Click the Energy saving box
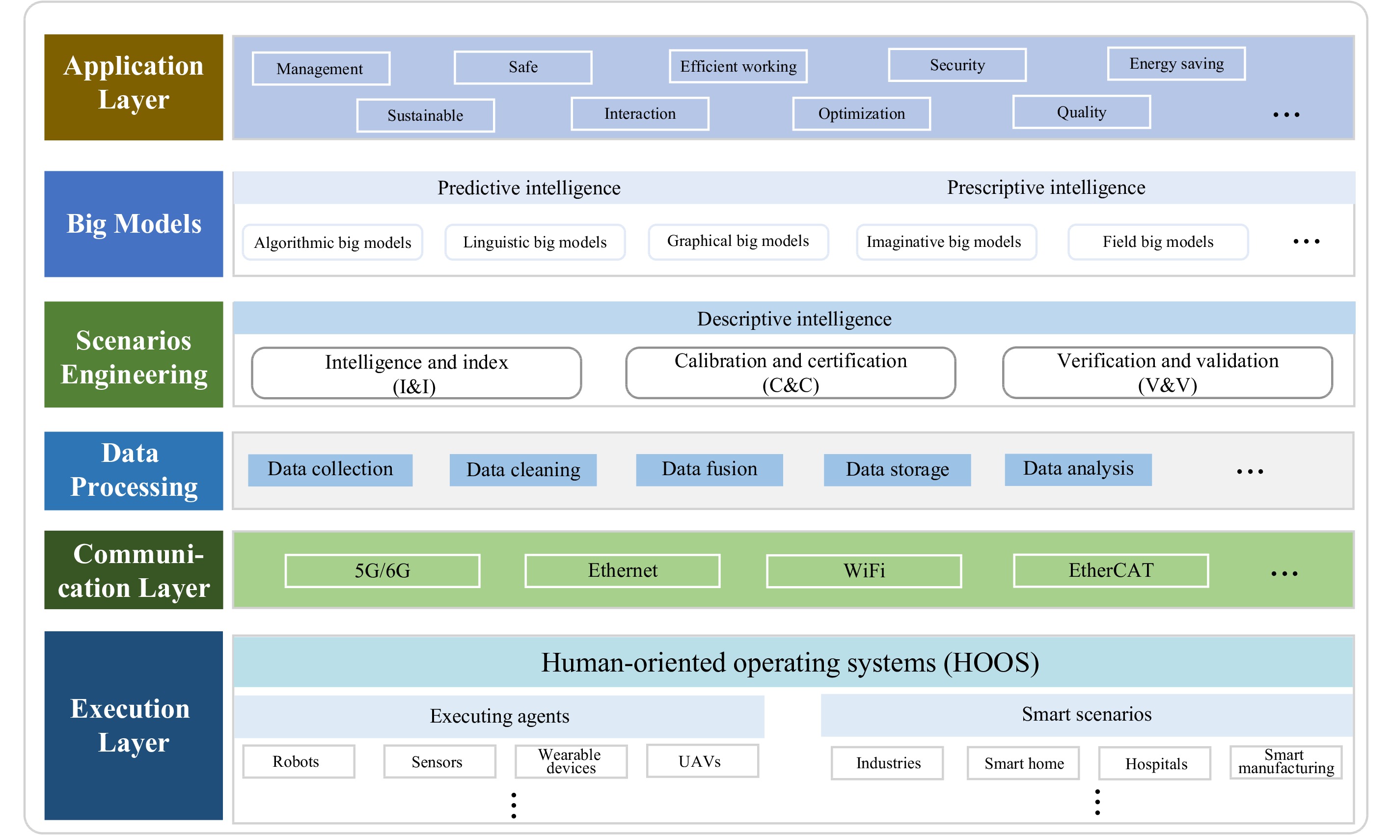tap(1176, 64)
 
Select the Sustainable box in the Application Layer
tap(425, 115)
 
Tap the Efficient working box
tap(738, 66)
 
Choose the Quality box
tap(1081, 112)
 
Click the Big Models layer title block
tap(134, 224)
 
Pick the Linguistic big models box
tap(535, 242)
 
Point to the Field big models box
tap(1158, 242)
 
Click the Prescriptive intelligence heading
tap(1046, 188)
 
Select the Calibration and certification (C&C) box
tap(791, 373)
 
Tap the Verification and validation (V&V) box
tap(1168, 373)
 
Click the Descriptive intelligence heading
tap(794, 319)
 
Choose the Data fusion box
tap(710, 470)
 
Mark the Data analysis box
tap(1078, 469)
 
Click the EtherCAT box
tap(1111, 570)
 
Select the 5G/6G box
tap(382, 570)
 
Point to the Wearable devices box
tap(571, 761)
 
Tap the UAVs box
tap(702, 761)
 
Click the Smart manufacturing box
tap(1286, 762)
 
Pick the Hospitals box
tap(1154, 763)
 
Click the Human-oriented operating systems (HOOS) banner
tap(793, 662)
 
